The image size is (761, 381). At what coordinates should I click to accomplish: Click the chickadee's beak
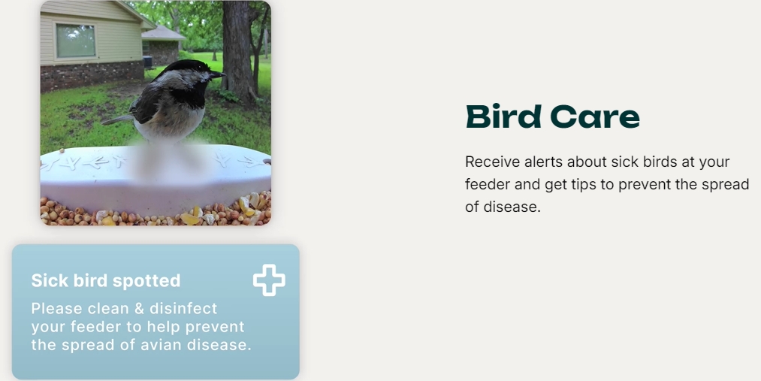pyautogui.click(x=217, y=74)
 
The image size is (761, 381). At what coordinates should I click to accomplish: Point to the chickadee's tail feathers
pyautogui.click(x=117, y=119)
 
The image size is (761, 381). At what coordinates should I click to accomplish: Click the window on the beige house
pyautogui.click(x=76, y=41)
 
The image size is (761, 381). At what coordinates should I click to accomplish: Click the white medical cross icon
pyautogui.click(x=269, y=280)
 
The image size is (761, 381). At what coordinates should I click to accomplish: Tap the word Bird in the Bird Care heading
pyautogui.click(x=503, y=117)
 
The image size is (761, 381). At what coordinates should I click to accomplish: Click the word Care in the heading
pyautogui.click(x=594, y=117)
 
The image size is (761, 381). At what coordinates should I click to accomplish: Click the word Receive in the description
pyautogui.click(x=492, y=162)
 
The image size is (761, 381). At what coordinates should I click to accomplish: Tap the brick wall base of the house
pyautogui.click(x=92, y=75)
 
